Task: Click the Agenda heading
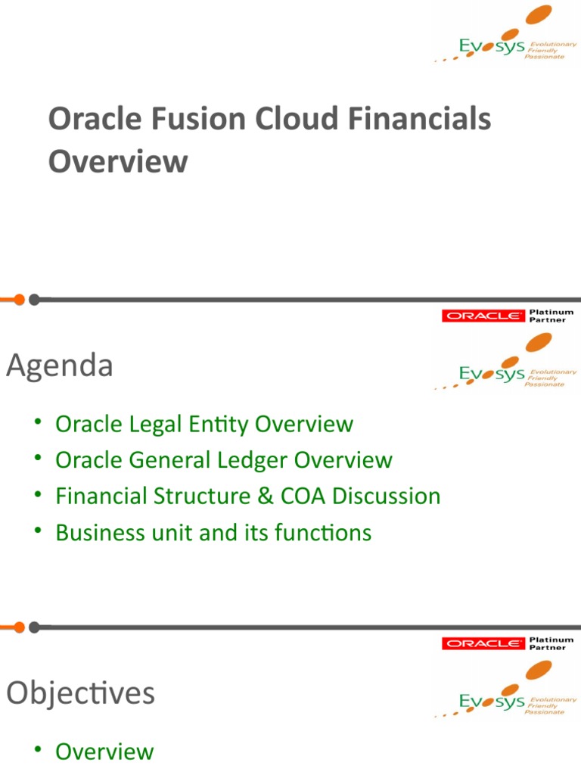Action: (60, 366)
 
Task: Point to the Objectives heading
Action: (81, 693)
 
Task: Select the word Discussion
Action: (386, 496)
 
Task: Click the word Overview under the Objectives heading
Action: (104, 752)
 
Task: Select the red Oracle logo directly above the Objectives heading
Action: (483, 643)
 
